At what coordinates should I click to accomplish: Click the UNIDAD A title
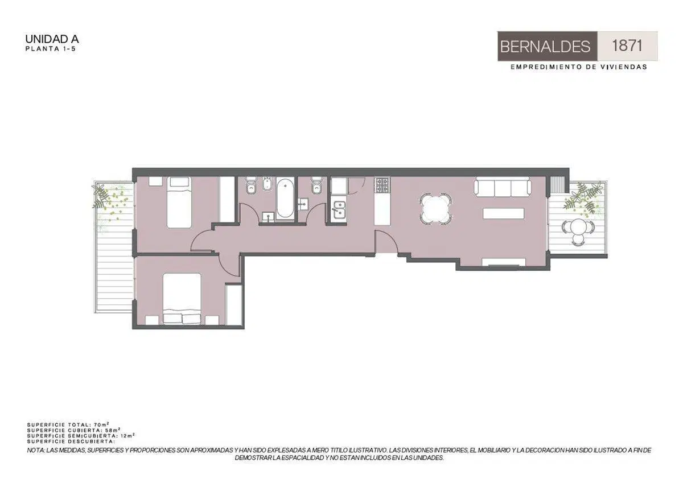tap(52, 39)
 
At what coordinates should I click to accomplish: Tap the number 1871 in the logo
tap(627, 46)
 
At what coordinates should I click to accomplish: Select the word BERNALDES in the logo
tap(545, 47)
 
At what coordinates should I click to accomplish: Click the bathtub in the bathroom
tap(285, 198)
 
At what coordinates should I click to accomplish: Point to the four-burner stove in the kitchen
tap(382, 185)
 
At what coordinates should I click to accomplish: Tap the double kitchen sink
tap(339, 209)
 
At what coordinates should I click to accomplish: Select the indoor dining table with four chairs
tap(436, 209)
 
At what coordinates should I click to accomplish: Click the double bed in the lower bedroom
tap(182, 298)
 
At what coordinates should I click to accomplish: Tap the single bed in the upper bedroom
tap(179, 203)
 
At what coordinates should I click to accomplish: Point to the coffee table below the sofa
tap(503, 213)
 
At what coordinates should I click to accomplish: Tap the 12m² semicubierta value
tap(127, 436)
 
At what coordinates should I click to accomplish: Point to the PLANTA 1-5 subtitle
tap(50, 49)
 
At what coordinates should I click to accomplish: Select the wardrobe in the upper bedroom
tap(227, 200)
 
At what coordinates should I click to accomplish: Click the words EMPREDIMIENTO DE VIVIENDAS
tap(579, 67)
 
